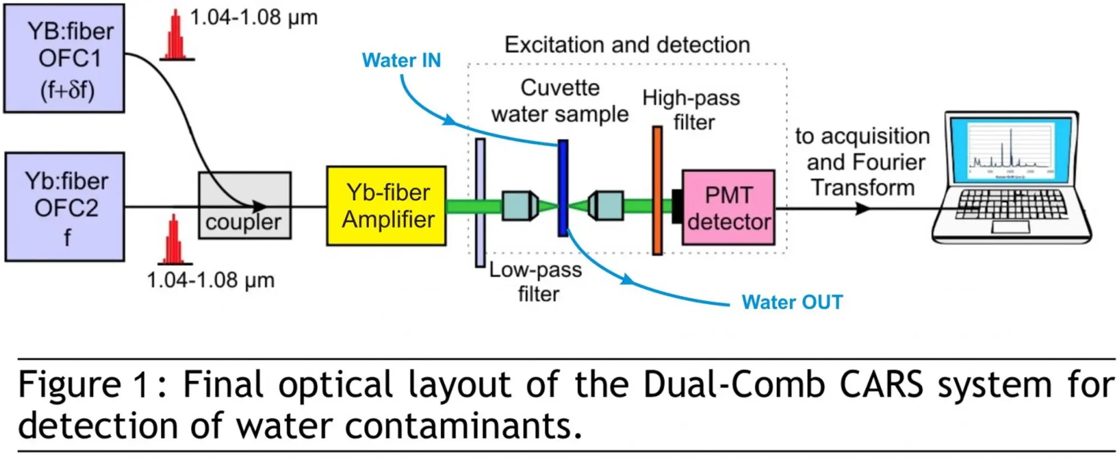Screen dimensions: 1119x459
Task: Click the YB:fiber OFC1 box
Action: (64, 59)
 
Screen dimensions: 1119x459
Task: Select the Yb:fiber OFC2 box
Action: (65, 207)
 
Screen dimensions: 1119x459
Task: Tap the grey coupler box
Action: (245, 205)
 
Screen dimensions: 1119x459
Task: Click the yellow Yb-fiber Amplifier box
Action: (387, 206)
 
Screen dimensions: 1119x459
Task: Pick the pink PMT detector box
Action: (728, 208)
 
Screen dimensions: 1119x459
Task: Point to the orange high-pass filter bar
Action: (657, 190)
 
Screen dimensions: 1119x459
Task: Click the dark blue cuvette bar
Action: (563, 188)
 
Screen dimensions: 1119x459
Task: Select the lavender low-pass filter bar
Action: (480, 203)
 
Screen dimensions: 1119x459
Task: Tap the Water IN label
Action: (401, 60)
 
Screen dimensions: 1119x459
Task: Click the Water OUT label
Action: (792, 302)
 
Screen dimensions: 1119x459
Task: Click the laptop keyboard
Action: (1012, 204)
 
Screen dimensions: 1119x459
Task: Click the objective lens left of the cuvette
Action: (520, 206)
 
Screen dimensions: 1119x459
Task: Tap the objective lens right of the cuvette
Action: (605, 205)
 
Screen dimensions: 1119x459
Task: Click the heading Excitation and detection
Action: (627, 45)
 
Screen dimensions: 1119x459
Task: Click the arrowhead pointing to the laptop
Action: (863, 208)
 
